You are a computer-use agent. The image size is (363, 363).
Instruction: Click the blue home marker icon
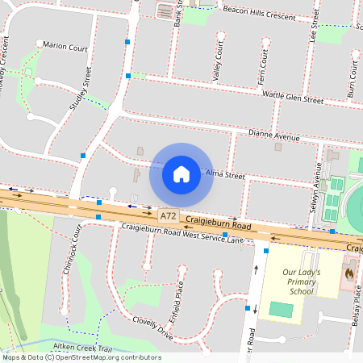pos(181,173)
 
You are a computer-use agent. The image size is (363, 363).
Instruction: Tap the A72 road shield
pos(168,217)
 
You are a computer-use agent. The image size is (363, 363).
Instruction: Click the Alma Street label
pos(224,174)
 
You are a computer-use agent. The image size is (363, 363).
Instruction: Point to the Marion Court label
pos(65,46)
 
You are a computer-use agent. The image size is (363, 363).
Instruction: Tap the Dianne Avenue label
pos(273,136)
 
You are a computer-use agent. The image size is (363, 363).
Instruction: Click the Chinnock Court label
pos(71,250)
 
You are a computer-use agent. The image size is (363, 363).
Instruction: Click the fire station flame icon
pos(348,273)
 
